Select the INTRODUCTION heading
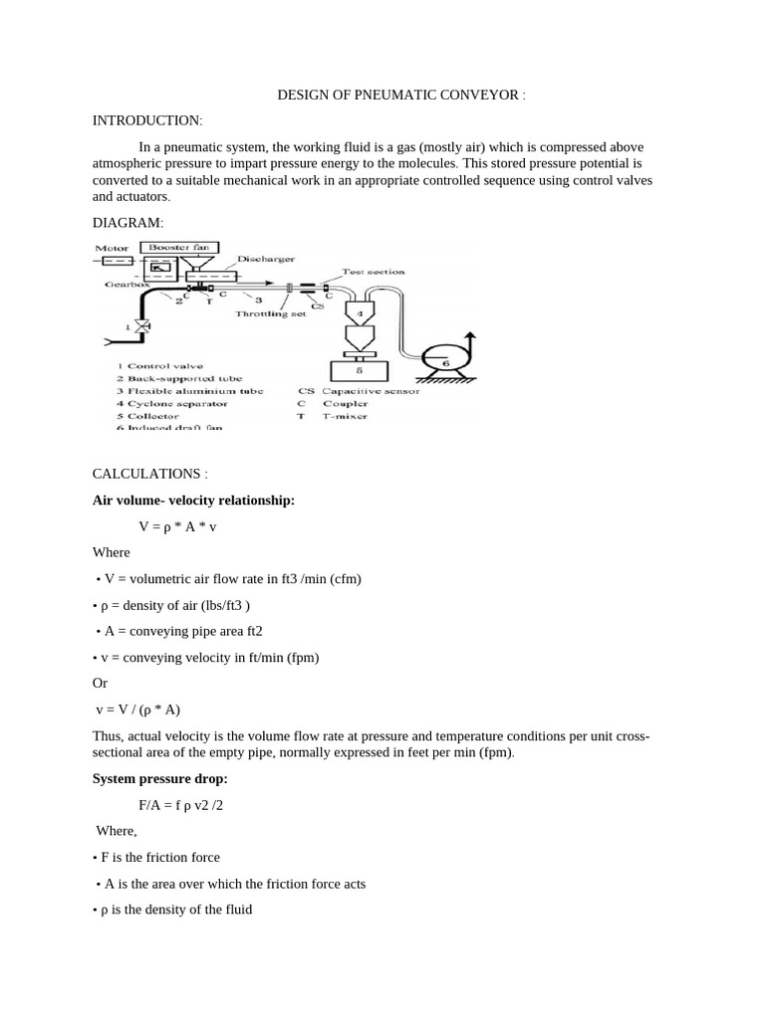click(146, 120)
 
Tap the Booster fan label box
click(180, 247)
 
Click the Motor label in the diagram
click(112, 248)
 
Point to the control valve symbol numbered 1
click(142, 325)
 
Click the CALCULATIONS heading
click(149, 474)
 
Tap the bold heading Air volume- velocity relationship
click(193, 501)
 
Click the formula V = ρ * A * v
click(177, 526)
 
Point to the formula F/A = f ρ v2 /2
click(181, 804)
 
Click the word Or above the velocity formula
click(100, 684)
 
